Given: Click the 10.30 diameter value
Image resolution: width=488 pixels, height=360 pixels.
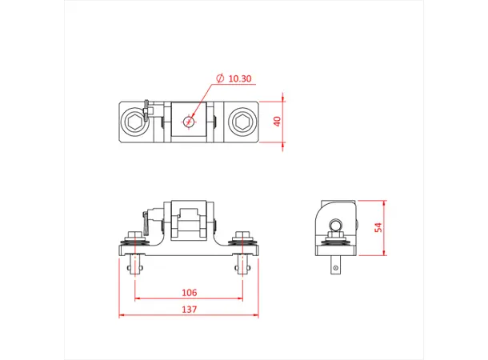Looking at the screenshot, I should tap(240, 79).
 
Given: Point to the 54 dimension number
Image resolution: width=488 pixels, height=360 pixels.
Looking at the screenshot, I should tap(378, 227).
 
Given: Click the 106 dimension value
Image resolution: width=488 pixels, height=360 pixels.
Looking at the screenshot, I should tap(189, 293).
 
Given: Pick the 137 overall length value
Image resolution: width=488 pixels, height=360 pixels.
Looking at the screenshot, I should tap(189, 309).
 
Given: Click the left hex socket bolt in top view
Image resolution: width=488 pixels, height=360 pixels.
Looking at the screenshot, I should tap(135, 122).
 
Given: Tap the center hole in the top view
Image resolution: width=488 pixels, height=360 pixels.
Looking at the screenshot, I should tap(189, 122).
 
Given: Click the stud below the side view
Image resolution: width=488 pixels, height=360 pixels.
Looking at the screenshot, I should tap(335, 265).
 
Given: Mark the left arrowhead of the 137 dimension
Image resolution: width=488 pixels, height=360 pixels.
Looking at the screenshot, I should tap(122, 314).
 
